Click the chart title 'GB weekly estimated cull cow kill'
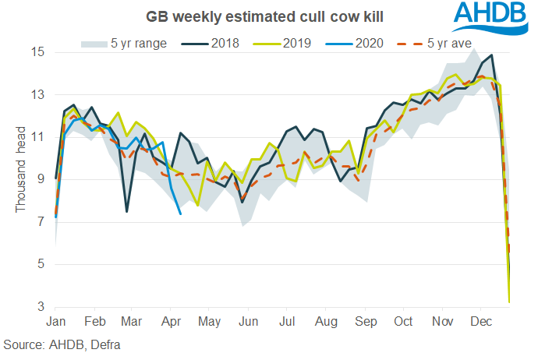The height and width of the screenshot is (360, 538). [235, 16]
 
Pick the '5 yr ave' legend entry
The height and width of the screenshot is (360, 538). [441, 42]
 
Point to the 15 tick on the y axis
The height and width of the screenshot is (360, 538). [38, 52]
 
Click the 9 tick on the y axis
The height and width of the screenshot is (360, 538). [41, 180]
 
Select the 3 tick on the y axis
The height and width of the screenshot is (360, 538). [41, 307]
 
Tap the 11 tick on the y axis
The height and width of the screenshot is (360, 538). [38, 137]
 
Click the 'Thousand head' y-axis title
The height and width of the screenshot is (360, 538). [21, 169]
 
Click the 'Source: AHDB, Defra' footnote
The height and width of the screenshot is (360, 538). [63, 344]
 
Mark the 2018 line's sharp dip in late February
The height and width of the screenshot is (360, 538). [126, 211]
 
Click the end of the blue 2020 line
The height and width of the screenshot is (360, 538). [181, 214]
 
